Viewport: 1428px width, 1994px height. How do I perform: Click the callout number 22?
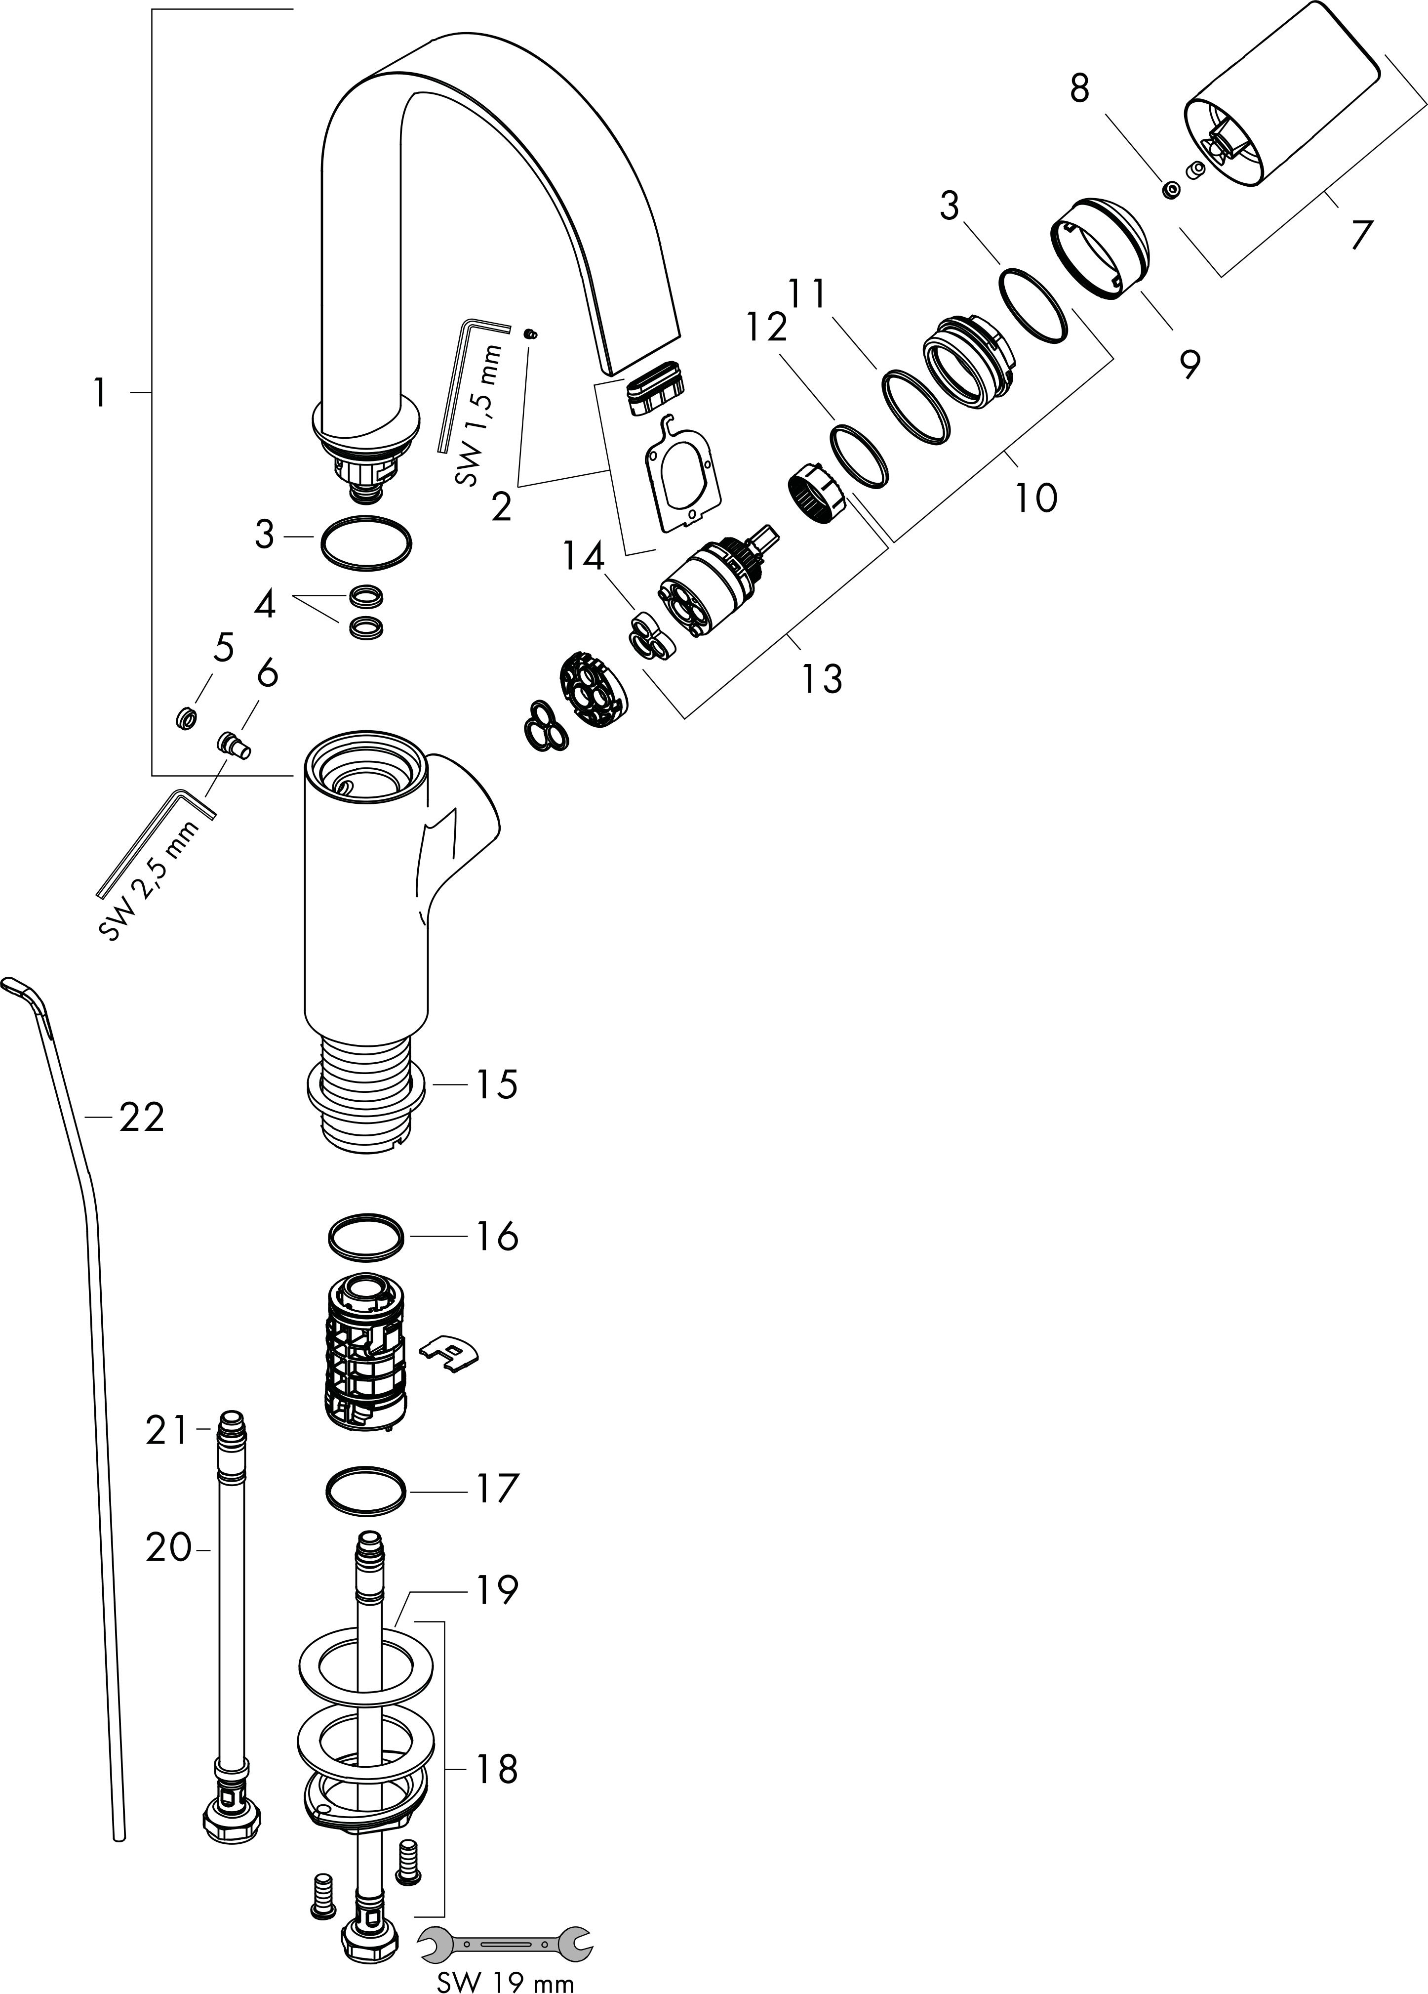(x=142, y=1119)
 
